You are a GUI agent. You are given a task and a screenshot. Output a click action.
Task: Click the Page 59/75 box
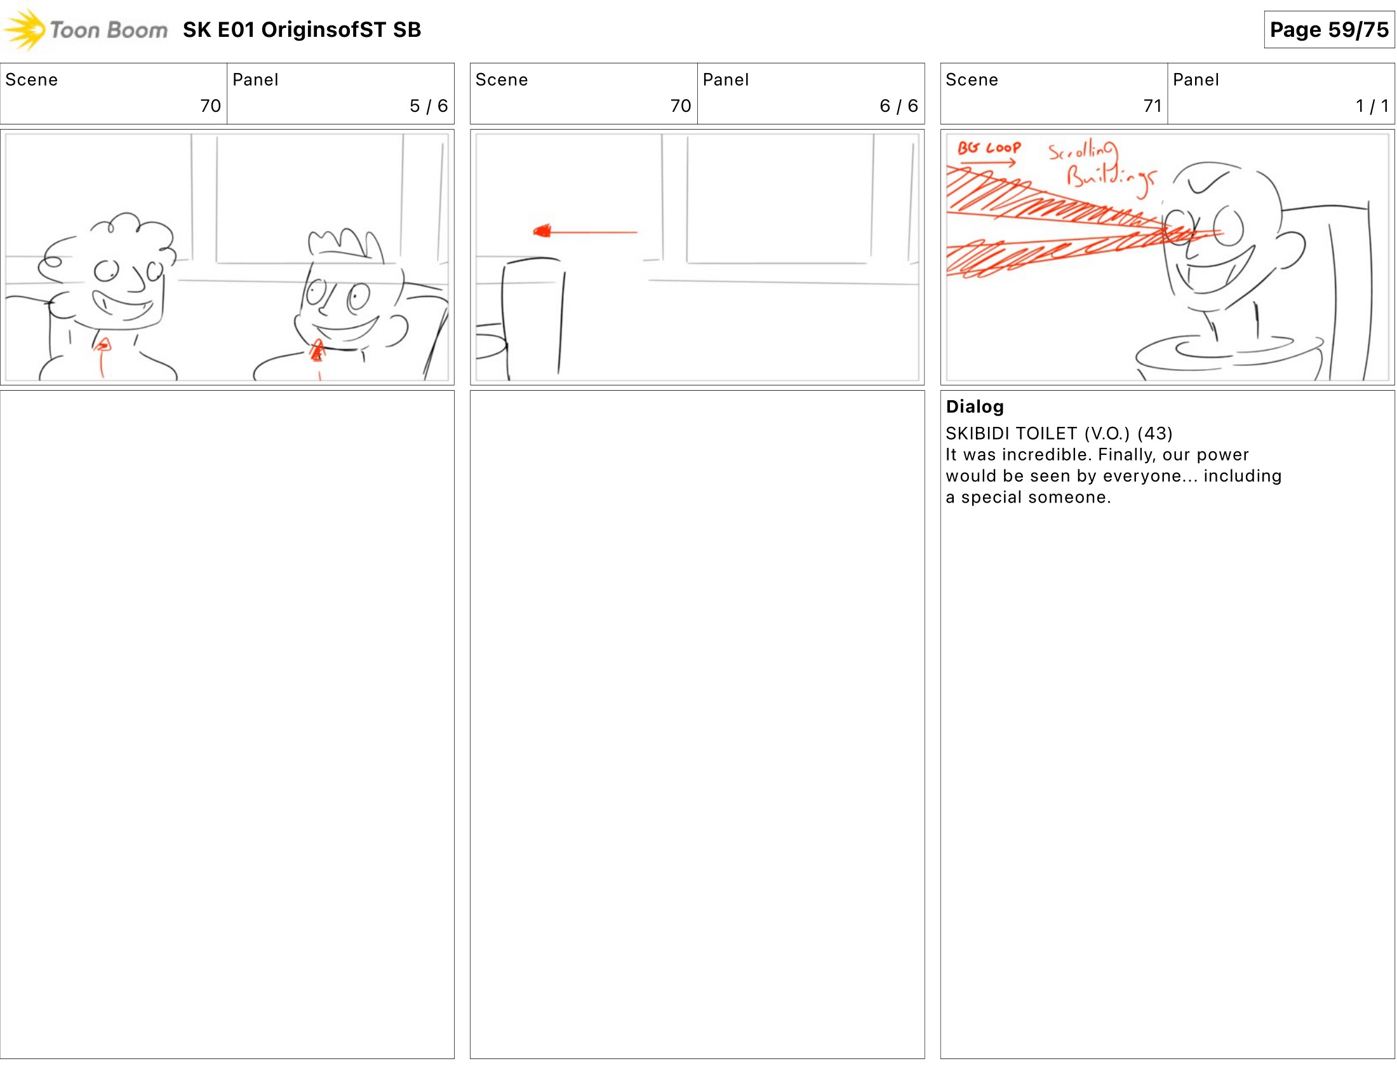pos(1328,29)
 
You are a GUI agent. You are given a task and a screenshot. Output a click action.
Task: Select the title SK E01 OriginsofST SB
pos(302,29)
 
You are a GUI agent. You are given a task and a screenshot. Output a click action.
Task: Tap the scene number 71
pos(1152,105)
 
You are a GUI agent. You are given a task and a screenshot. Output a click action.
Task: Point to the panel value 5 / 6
pos(429,105)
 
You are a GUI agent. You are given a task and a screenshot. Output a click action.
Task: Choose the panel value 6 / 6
pos(899,105)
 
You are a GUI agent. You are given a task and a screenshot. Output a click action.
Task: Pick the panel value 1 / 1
pos(1372,105)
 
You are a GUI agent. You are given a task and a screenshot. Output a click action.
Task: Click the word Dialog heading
pos(974,407)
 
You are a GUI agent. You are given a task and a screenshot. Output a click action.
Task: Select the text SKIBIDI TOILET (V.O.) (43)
pos(1059,433)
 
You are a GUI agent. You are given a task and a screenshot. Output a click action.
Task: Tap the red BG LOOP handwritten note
pos(988,148)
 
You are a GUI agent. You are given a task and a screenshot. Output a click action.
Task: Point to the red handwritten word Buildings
pos(1111,175)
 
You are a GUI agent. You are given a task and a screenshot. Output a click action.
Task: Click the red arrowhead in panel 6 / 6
pos(542,231)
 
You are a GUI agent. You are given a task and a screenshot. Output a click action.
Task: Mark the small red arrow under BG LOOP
pos(988,163)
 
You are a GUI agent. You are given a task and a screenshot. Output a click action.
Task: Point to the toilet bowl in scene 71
pos(1228,355)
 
